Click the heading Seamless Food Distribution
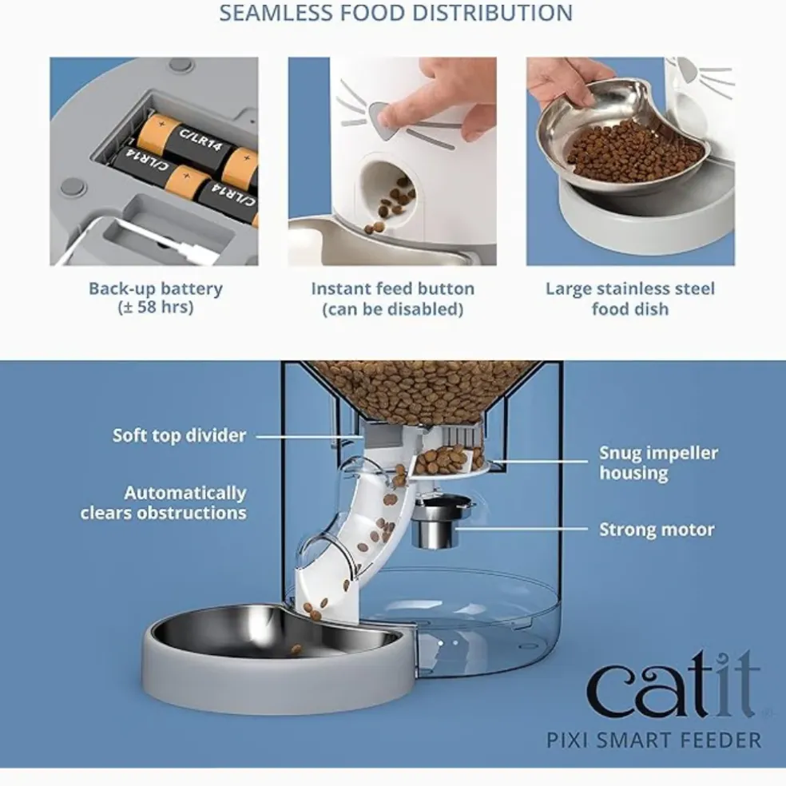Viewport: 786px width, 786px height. (x=395, y=13)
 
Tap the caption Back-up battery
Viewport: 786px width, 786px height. (x=156, y=288)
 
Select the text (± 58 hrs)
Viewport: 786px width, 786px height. (x=156, y=308)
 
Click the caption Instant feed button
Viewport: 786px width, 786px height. (x=392, y=288)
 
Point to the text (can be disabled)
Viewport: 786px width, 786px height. (x=392, y=309)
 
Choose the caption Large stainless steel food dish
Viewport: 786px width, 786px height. (x=630, y=299)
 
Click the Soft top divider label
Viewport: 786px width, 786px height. (x=179, y=435)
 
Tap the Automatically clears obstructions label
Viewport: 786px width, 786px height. (x=164, y=502)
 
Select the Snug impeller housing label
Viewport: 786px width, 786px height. (x=659, y=462)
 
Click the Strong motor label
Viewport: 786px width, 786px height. (x=657, y=530)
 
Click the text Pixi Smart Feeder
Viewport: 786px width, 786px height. (x=653, y=740)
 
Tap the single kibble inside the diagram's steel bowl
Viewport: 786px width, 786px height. (x=296, y=650)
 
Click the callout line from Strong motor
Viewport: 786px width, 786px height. (x=522, y=529)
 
